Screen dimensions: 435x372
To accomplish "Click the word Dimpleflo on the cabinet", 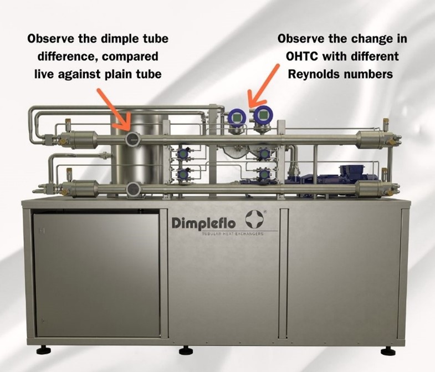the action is [203, 223].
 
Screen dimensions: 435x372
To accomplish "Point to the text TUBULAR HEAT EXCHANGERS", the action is [232, 234].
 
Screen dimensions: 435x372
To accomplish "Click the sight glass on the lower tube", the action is [134, 190].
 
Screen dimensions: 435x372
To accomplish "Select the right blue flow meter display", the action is [263, 114].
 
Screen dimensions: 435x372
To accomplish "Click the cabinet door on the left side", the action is [96, 275].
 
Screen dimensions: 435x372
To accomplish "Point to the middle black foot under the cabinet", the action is [186, 351].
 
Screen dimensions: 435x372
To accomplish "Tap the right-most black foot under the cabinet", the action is [388, 351].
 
